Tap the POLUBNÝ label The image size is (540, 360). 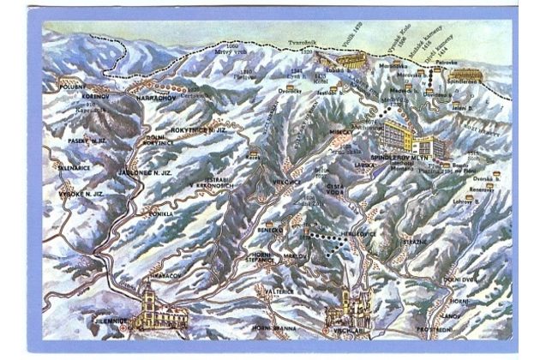click(74, 87)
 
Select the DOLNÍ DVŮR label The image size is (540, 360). click(459, 280)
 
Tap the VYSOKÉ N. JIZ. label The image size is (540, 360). click(79, 195)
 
